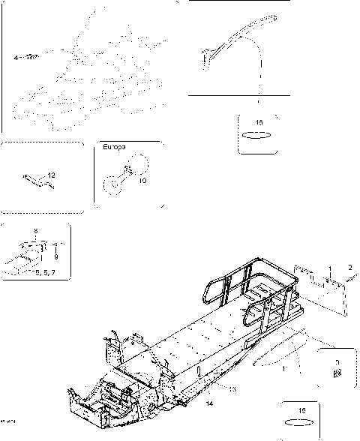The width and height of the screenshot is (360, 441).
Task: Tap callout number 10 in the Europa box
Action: tap(142, 180)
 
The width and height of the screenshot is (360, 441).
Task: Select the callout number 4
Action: tap(16, 56)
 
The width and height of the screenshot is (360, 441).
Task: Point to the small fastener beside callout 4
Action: tap(31, 56)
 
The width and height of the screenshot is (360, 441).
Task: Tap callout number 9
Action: tap(55, 256)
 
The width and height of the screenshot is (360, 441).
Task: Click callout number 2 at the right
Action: tap(349, 266)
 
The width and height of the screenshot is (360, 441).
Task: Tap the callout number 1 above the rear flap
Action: tap(327, 268)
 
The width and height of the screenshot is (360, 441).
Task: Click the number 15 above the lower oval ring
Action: tap(301, 410)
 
